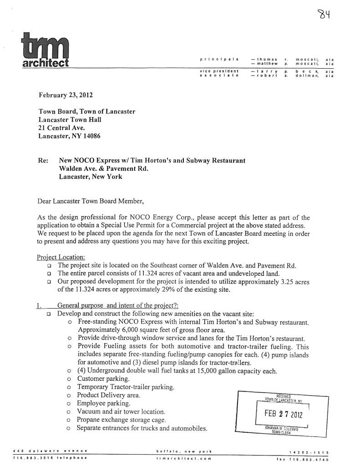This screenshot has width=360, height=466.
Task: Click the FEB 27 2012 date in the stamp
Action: coord(284,415)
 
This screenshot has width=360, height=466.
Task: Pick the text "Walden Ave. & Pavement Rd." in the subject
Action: coord(103,168)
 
